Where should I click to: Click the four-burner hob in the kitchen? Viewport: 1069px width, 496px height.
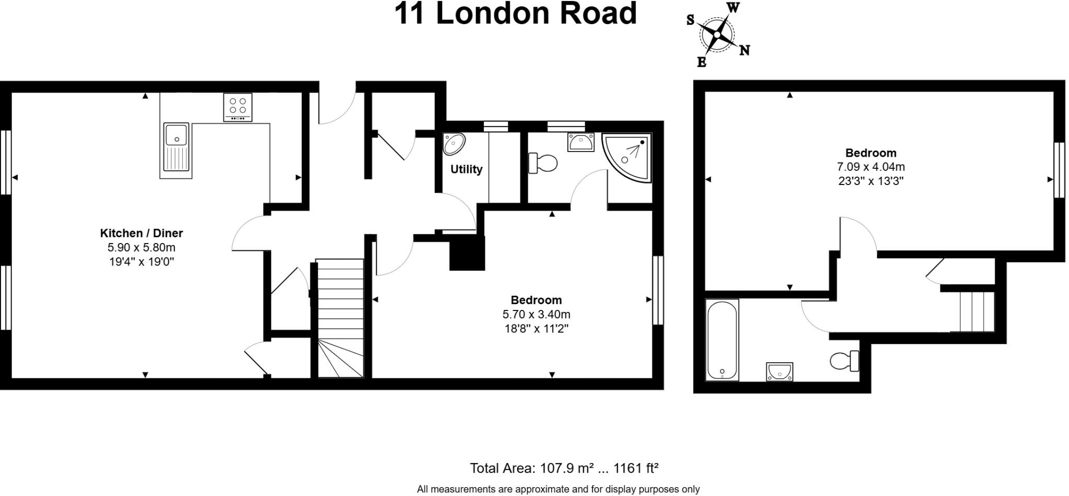pos(237,107)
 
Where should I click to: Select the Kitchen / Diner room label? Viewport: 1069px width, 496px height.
pos(141,233)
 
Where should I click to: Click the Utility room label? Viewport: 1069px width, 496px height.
pos(466,169)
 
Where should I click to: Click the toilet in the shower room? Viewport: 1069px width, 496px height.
pos(543,163)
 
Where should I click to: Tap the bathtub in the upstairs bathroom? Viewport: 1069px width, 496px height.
pos(722,340)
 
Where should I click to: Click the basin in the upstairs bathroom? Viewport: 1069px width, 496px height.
pos(779,372)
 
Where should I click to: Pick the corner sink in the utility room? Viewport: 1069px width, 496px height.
pos(453,143)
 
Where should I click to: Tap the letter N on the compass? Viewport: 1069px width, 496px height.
pos(745,50)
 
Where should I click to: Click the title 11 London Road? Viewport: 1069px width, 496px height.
pos(515,14)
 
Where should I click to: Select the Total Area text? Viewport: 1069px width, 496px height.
pos(564,468)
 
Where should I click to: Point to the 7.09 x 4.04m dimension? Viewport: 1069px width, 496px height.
pos(871,167)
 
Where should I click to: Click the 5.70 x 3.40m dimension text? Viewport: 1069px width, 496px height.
pos(536,315)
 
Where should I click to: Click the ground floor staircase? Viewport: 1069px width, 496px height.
pos(340,319)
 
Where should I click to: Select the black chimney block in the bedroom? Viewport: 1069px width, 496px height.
pos(467,253)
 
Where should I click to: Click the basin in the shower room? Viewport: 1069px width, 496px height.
pos(580,142)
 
